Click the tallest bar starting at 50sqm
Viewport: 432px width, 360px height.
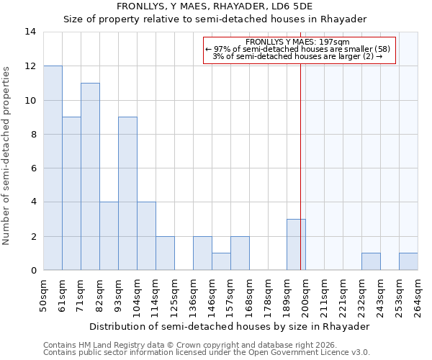(x=53, y=168)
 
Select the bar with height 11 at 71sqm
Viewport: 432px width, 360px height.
(x=90, y=176)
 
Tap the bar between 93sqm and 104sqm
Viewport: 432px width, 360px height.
(x=127, y=194)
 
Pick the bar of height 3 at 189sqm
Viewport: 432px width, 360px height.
(x=296, y=245)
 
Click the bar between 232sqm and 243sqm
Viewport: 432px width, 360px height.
(x=371, y=262)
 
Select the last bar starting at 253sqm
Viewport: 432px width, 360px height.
(x=408, y=262)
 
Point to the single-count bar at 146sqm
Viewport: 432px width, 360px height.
(x=221, y=262)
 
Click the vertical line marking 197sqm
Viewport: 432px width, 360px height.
(x=300, y=180)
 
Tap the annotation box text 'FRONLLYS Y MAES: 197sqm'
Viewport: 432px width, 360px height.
(x=297, y=42)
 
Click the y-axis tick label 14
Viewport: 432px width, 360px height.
(x=30, y=32)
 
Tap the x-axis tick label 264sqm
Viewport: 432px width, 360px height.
(x=418, y=295)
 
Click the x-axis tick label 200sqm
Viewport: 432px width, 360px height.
(x=306, y=295)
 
